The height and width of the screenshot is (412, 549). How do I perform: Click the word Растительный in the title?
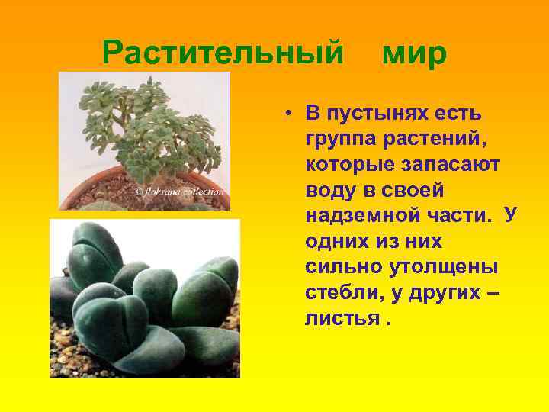point(223,53)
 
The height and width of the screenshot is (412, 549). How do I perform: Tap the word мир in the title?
point(414,53)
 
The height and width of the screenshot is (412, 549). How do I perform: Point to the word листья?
point(341,317)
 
